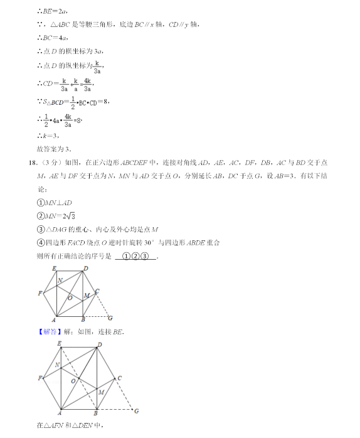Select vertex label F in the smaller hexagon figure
[40, 293]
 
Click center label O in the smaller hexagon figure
[70, 297]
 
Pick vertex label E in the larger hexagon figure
[59, 343]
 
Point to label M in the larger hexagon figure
[100, 392]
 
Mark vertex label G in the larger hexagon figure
[136, 411]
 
